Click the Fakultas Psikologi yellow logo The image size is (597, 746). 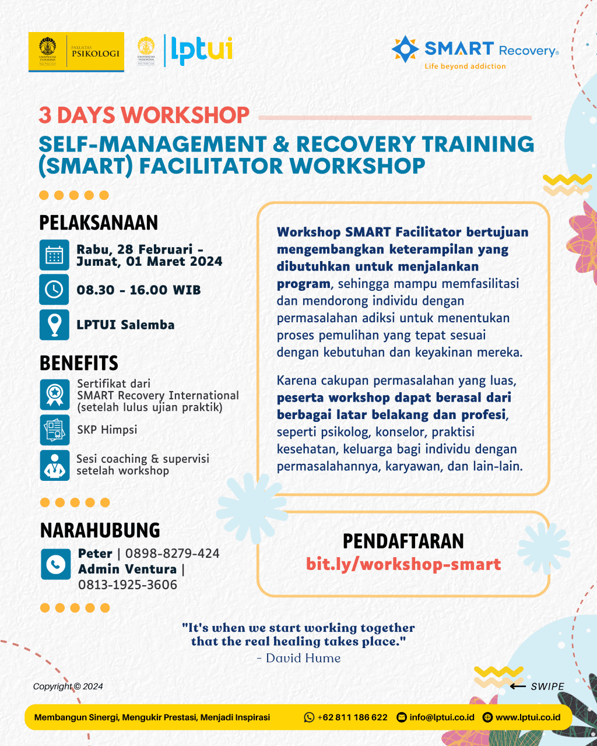click(x=76, y=52)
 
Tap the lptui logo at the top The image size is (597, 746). click(x=200, y=50)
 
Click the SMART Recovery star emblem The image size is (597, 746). click(x=405, y=49)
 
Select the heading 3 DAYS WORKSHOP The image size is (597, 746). click(x=144, y=115)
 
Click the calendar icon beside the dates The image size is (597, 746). click(x=54, y=255)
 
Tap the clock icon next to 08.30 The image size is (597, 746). click(x=54, y=290)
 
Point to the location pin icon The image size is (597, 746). click(x=54, y=325)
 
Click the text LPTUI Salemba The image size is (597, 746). click(x=125, y=325)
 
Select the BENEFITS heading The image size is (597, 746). click(x=79, y=363)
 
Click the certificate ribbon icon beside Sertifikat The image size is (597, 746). click(x=54, y=395)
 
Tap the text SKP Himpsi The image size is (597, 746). click(x=107, y=430)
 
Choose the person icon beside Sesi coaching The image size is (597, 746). click(x=54, y=465)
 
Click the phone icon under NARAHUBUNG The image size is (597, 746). click(x=56, y=564)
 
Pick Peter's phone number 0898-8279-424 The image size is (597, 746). click(x=172, y=553)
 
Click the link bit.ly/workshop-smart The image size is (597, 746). click(x=403, y=564)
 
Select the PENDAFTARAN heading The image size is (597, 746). click(x=403, y=541)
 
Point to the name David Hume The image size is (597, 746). click(x=303, y=658)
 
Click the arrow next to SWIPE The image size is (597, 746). click(x=518, y=686)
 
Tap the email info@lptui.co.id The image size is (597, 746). click(x=441, y=717)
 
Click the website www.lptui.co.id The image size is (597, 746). click(x=528, y=717)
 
